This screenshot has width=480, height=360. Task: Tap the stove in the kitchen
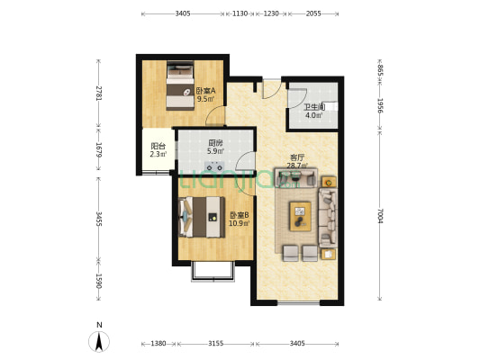pos(215,166)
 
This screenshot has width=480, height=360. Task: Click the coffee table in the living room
pos(299,216)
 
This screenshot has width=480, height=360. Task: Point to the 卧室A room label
pos(206,90)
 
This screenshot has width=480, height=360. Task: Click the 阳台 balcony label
pos(158,146)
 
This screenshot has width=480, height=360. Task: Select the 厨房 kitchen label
pos(215,143)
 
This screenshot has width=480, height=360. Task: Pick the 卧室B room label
pos(239,214)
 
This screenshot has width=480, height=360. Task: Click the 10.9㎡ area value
pos(239,223)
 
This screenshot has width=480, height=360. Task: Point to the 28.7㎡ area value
pos(298,166)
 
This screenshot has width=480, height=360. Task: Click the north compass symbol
pos(99,340)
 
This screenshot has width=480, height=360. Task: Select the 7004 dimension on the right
pos(381,216)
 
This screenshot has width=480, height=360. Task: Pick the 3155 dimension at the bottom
pos(215,344)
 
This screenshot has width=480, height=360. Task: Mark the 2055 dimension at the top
pos(313,13)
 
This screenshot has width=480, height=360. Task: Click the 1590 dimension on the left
pos(99,281)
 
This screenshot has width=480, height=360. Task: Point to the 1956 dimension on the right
pos(381,105)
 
